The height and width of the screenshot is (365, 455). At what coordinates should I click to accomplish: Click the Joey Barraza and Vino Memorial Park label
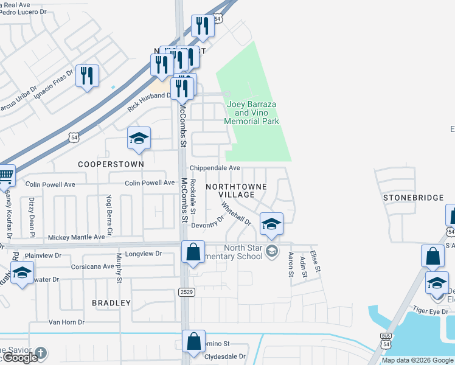pos(251,113)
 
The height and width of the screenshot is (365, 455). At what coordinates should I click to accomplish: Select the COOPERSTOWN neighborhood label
pos(111,164)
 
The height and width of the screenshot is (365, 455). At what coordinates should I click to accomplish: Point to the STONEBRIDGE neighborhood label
pos(412,198)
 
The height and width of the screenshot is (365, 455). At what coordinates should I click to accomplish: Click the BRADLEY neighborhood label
pos(111,302)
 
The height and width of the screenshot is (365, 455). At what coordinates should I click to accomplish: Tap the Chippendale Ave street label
pos(215,168)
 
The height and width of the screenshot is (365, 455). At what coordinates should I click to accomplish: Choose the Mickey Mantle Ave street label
pos(76,237)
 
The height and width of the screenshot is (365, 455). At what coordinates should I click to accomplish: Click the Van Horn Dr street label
pos(66,322)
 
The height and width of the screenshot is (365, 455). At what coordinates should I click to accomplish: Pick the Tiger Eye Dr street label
pos(430,310)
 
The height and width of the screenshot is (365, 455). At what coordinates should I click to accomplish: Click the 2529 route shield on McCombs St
pos(187,293)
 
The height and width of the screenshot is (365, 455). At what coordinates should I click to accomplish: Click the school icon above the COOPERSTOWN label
pos(138,139)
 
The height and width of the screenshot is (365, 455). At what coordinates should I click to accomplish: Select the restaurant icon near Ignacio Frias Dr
pos(88,75)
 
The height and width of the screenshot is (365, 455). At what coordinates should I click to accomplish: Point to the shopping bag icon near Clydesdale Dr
pos(193,342)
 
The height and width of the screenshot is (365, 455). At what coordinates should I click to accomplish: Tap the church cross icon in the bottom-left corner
pos(41,352)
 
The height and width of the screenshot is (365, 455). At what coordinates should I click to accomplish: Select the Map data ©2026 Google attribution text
pos(418,360)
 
